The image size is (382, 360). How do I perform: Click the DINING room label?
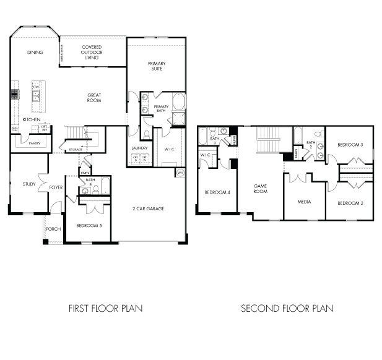(35, 53)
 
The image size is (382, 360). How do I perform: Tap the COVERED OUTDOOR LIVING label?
(92, 52)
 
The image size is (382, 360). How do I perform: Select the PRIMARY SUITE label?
(156, 66)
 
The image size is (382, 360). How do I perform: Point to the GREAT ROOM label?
(94, 98)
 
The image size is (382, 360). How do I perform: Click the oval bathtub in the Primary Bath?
(178, 101)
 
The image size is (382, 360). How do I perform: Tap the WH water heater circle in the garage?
(180, 173)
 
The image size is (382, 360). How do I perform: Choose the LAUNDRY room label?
(139, 148)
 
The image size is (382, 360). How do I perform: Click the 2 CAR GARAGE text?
(149, 208)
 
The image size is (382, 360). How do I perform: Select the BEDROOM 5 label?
(89, 225)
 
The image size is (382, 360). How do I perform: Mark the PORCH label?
(54, 229)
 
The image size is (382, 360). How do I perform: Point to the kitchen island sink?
(37, 95)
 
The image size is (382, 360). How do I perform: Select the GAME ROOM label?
(261, 189)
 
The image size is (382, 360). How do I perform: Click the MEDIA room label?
(304, 202)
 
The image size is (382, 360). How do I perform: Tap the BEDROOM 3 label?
(350, 145)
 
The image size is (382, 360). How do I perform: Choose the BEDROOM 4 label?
(217, 192)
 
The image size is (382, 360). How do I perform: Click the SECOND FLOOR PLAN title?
(287, 307)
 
